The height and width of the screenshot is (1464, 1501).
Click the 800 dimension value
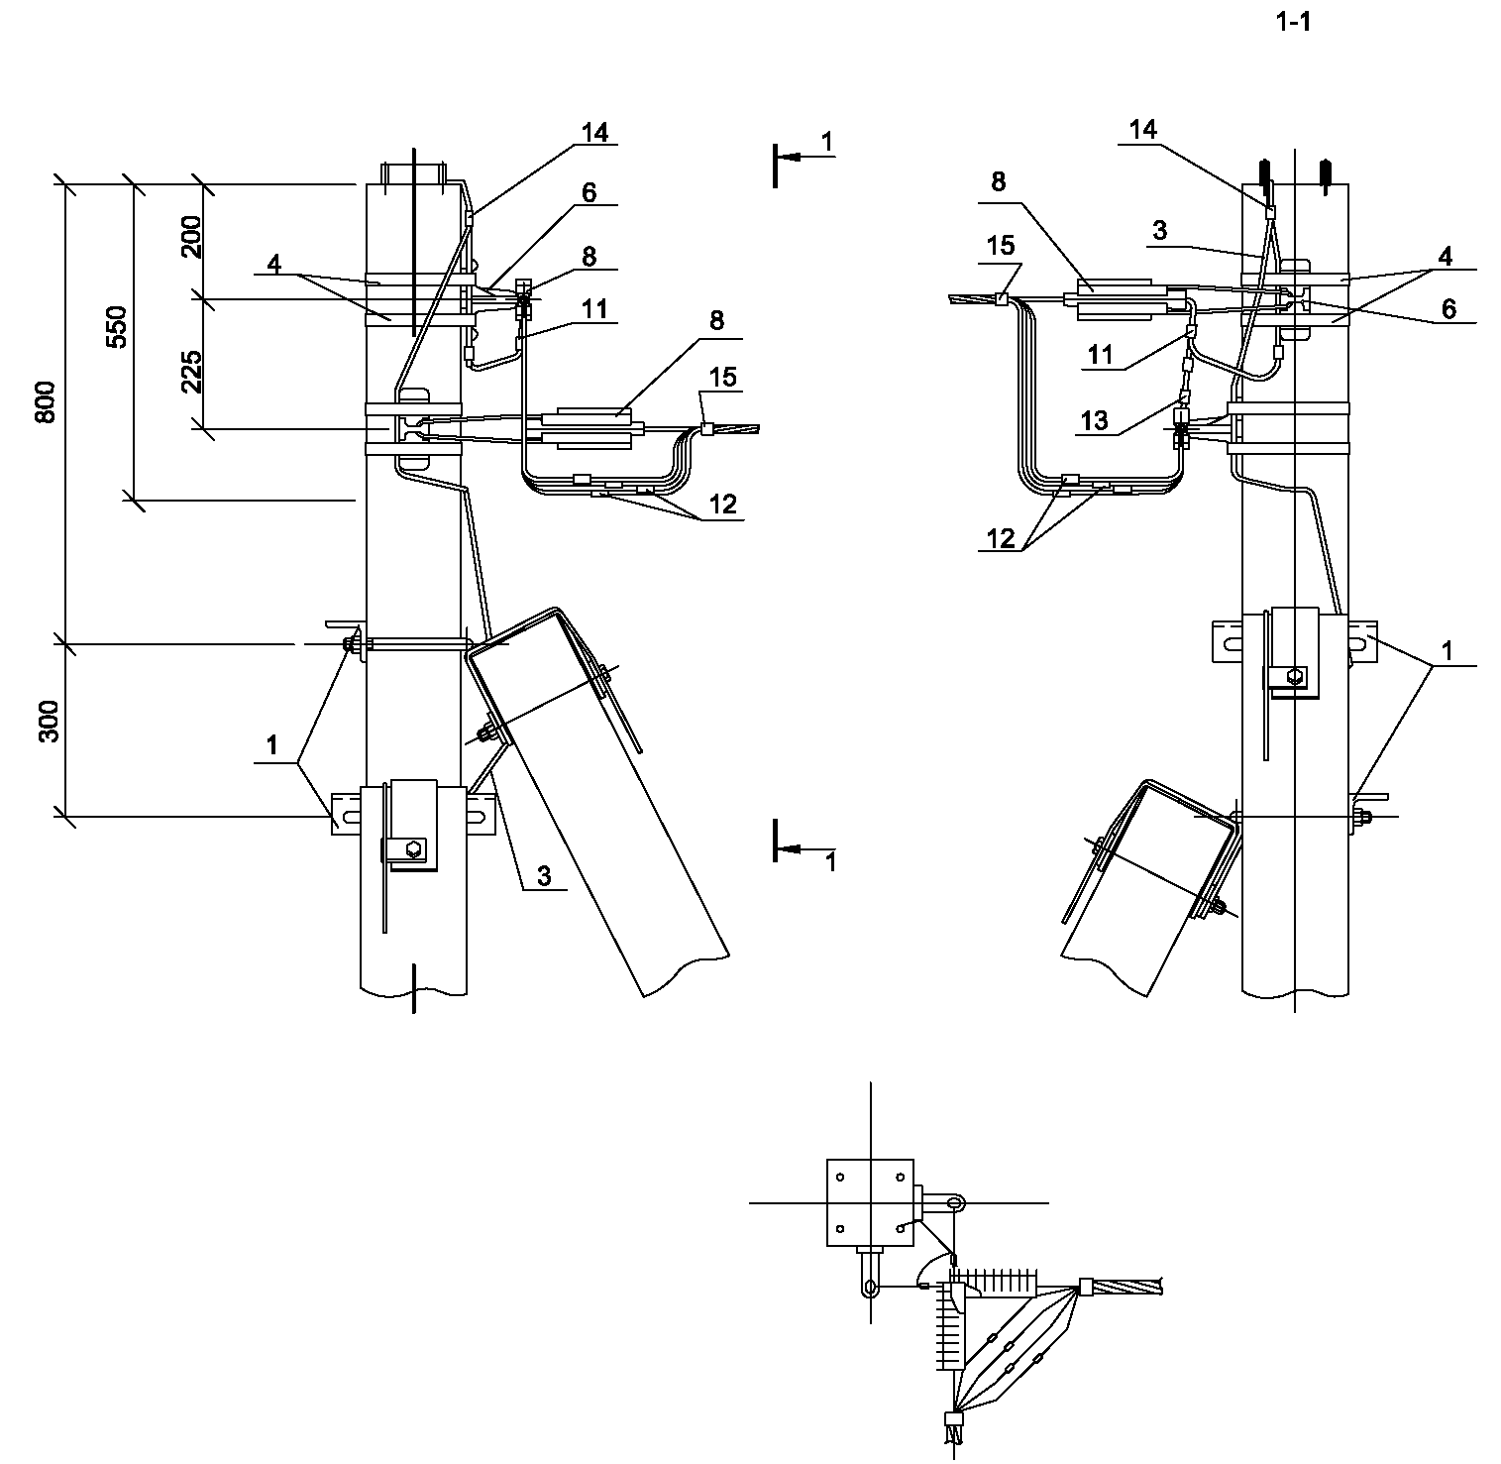coord(46,403)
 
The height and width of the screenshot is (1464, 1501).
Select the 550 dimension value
coord(117,326)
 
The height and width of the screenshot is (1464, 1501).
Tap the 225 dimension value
coord(192,372)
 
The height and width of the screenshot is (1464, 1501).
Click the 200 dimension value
coord(192,236)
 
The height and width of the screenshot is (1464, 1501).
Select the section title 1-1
coord(1294,23)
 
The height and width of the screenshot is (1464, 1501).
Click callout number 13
coord(1094,420)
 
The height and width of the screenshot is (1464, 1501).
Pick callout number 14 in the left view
coord(594,132)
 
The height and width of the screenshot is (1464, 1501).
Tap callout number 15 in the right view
coord(1001,244)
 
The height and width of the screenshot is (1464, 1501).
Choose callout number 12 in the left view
coord(722,504)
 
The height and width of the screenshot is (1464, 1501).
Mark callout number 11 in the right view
coord(1101,354)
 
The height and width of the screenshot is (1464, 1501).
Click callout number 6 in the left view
coord(590,191)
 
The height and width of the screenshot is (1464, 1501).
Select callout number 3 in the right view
coord(1160,231)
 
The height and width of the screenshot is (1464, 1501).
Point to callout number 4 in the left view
coord(274,264)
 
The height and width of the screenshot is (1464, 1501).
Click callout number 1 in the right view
coord(1447,651)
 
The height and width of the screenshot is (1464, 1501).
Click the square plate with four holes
coord(869,1202)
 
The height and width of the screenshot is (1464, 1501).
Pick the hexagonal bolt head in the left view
coord(414,848)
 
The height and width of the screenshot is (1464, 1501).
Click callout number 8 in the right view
coord(998,181)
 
